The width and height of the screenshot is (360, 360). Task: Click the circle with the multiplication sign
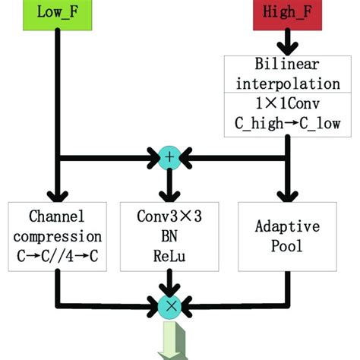coord(169,306)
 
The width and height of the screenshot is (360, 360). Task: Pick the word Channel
coord(58,216)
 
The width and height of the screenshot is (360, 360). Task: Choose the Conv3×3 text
coord(169,216)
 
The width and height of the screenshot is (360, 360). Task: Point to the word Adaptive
coord(287,226)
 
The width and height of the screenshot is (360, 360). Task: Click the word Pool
coord(287,245)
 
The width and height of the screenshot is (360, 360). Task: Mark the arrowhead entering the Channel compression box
coord(58,194)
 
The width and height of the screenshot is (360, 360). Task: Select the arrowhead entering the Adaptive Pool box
coord(287,194)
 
